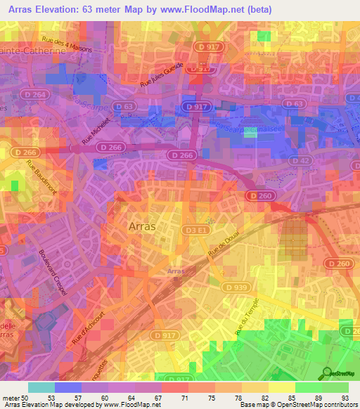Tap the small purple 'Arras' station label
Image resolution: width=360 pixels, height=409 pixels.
click(176, 271)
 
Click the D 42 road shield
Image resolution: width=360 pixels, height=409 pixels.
click(300, 160)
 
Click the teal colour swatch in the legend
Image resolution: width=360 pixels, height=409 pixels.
click(41, 387)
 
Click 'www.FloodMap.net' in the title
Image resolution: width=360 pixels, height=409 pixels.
click(214, 8)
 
